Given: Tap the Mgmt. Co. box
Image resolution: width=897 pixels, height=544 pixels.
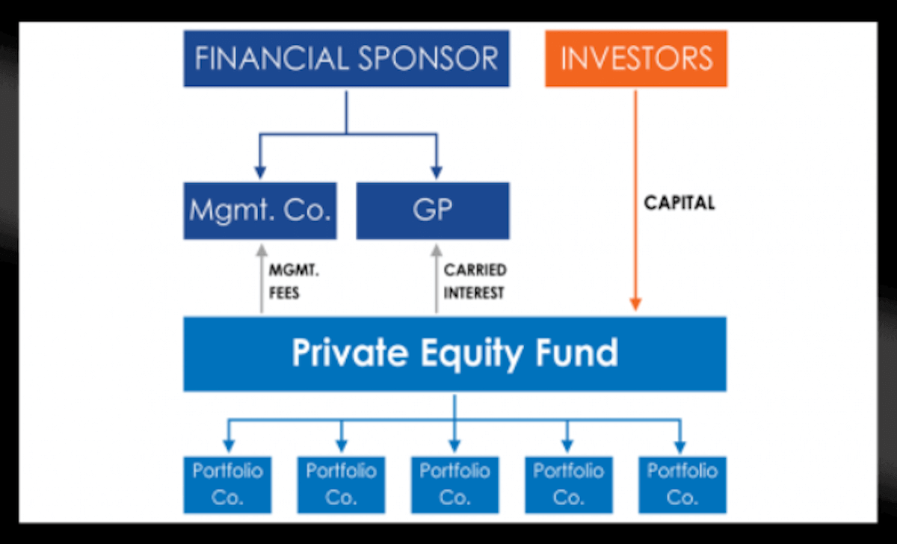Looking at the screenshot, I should point(259,211).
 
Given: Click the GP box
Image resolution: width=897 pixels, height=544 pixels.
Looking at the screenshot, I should point(433,211).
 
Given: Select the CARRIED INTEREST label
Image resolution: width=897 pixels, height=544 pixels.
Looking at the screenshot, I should point(475,281).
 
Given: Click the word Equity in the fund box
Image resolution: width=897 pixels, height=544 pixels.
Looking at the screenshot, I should point(455,353).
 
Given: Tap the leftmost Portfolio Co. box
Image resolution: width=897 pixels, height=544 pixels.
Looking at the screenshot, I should point(227,484).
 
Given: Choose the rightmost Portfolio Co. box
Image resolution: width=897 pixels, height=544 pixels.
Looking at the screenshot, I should point(682,484).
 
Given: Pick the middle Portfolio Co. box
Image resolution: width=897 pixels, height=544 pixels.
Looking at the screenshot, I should point(454,484).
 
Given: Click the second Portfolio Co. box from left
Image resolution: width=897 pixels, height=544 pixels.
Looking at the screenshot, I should point(342,484).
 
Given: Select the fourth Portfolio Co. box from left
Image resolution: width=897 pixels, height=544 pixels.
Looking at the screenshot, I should point(568,484).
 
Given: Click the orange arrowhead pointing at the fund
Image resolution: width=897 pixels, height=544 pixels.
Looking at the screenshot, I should point(635,303).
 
